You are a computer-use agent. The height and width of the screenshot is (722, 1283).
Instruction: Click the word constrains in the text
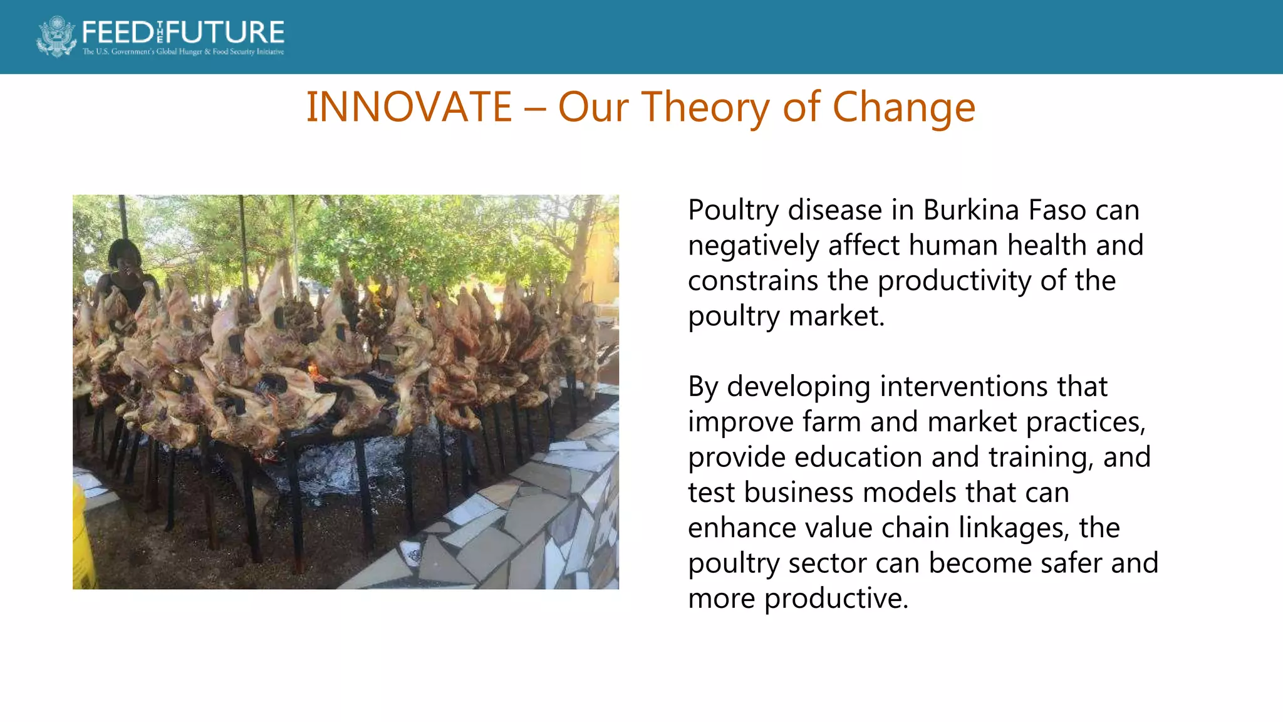pyautogui.click(x=752, y=281)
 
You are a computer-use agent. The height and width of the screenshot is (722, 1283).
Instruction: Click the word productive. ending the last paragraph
pyautogui.click(x=836, y=599)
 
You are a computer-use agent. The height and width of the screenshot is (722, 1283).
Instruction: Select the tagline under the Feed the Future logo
pyautogui.click(x=183, y=52)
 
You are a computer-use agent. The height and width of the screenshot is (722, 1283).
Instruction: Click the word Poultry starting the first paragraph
pyautogui.click(x=733, y=211)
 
